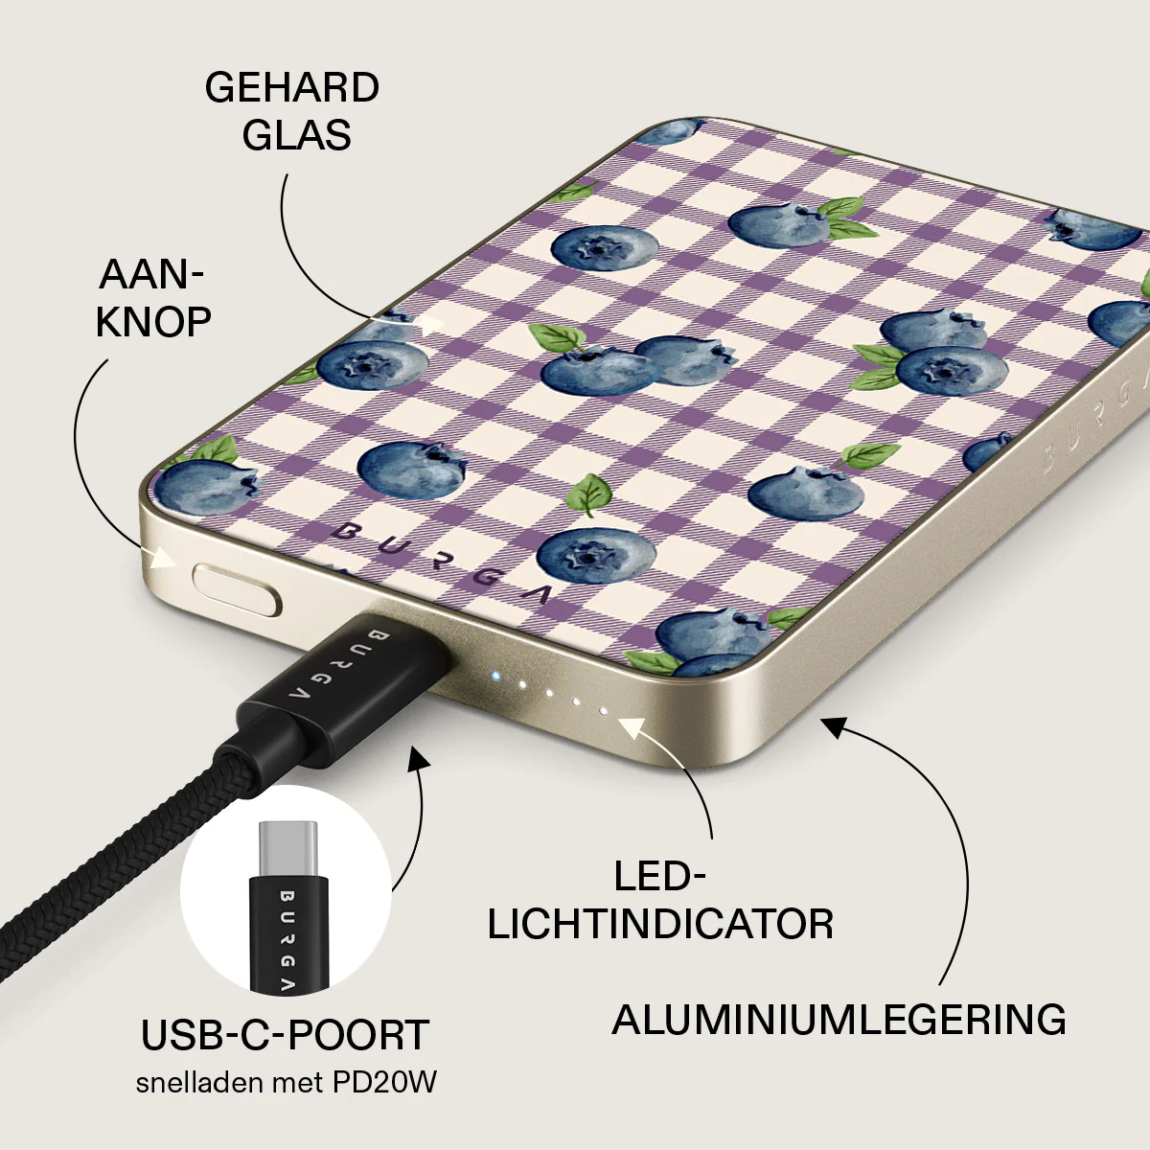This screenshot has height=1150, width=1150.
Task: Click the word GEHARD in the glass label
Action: pyautogui.click(x=292, y=88)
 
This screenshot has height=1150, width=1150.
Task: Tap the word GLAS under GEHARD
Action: pyautogui.click(x=296, y=135)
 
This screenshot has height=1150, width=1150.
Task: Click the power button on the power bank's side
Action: pyautogui.click(x=237, y=590)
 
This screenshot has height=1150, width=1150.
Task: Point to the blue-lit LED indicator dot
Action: pyautogui.click(x=494, y=677)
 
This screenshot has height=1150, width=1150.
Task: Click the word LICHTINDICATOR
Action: pyautogui.click(x=660, y=925)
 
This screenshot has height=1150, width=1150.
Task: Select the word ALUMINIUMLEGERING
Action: pyautogui.click(x=839, y=1020)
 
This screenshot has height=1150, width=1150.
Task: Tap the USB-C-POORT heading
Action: pyautogui.click(x=285, y=1035)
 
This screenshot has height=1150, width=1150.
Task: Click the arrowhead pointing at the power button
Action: pyautogui.click(x=164, y=559)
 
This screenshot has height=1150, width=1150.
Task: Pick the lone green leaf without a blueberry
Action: pyautogui.click(x=589, y=494)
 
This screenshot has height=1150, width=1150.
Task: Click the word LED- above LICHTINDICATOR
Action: pyautogui.click(x=660, y=877)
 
